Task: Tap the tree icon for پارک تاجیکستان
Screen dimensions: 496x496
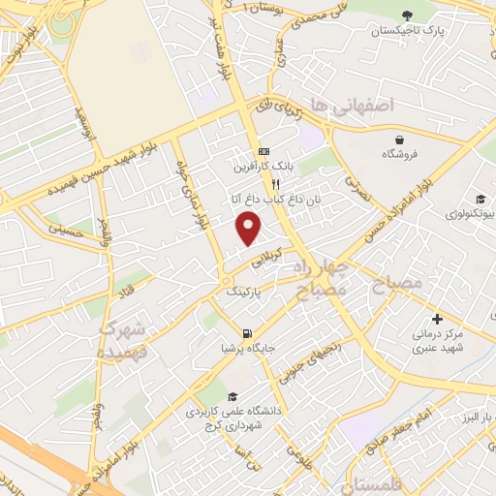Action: pos(406,15)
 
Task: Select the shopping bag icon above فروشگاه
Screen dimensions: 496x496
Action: pos(399,139)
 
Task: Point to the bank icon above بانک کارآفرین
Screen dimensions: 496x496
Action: pos(263,151)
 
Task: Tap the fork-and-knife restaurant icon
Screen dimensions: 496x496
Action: pos(275,184)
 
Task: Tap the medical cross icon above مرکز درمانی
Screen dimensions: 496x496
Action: pos(436,319)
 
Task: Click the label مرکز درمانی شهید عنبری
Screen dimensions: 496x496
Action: pos(435,341)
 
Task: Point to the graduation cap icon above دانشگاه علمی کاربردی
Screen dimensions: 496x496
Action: pos(232,396)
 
